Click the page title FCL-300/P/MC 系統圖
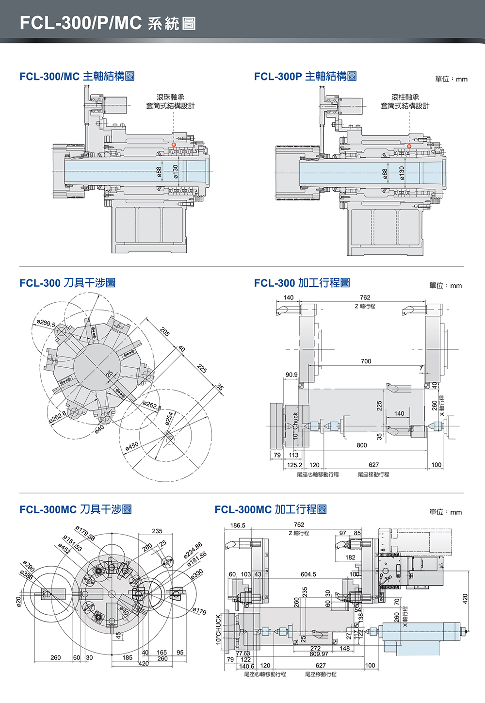pos(108,23)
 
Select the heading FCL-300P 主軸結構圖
pos(305,76)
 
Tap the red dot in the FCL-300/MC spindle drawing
pos(174,145)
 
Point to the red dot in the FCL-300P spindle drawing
pos(409,146)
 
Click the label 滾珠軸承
pos(170,97)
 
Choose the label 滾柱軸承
pos(405,97)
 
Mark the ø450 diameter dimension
pos(131,446)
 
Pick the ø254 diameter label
pos(168,418)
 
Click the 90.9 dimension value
pos(291,375)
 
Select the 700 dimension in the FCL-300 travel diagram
pos(366,361)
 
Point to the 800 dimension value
pos(362,445)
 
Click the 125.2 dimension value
pos(294,465)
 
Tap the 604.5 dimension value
pos(308,574)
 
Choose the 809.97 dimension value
pos(319,654)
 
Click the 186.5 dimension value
pos(238,525)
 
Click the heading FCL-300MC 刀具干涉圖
pos(75,509)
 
